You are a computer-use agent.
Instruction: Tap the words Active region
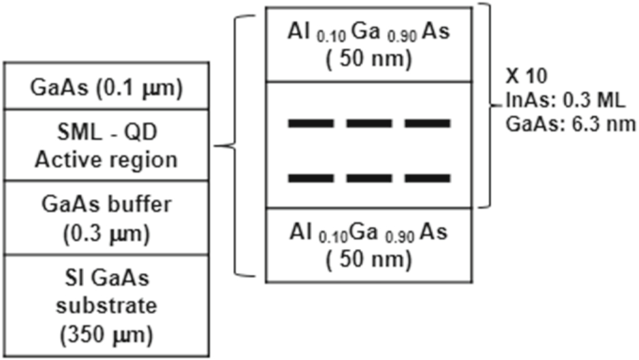coord(106,160)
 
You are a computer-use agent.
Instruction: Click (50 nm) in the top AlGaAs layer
coord(368,59)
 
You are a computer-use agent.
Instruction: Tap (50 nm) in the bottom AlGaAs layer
coord(368,259)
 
